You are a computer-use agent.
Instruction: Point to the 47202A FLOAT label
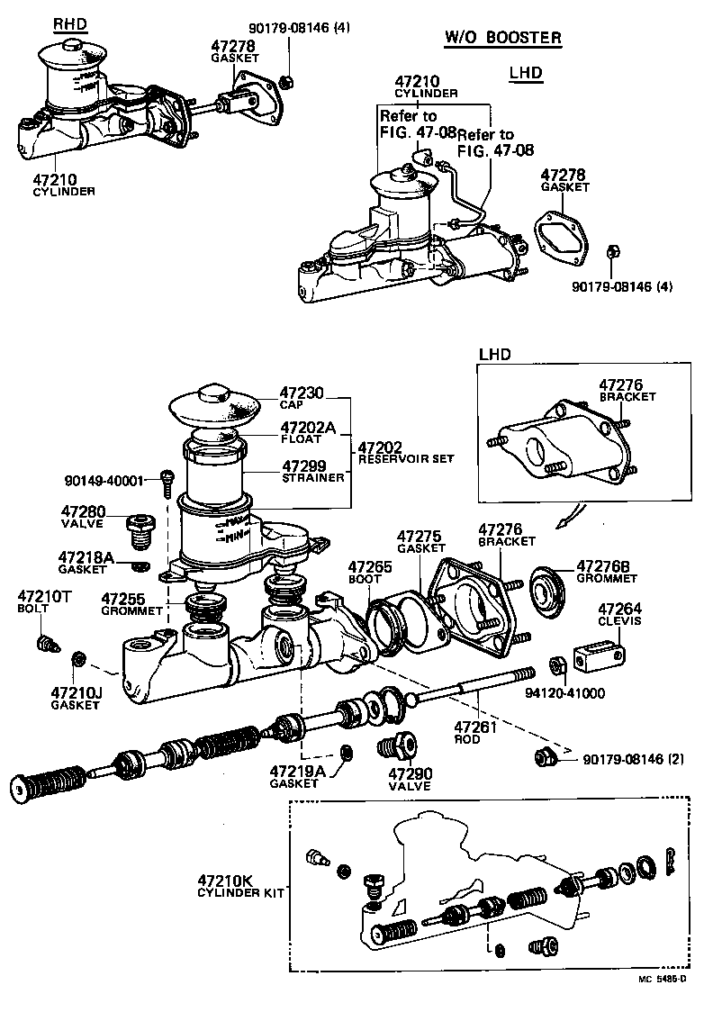(307, 432)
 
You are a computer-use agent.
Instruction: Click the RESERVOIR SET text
(405, 458)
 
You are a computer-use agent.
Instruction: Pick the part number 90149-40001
(116, 481)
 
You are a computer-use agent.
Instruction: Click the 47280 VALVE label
(83, 517)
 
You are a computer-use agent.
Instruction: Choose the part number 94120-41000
(565, 693)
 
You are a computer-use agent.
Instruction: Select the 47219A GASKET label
(294, 776)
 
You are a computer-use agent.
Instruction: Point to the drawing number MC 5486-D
(663, 979)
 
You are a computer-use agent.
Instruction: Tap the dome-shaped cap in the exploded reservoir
(214, 402)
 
